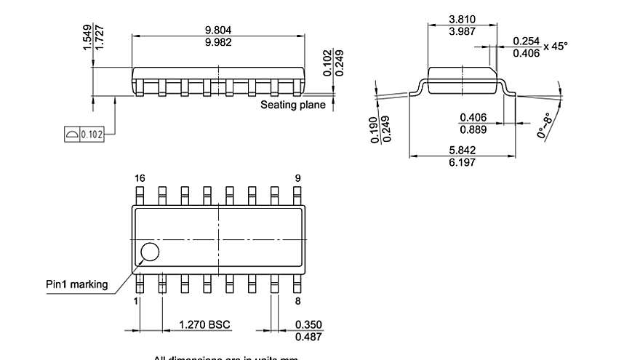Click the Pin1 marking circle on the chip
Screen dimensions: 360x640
[150, 252]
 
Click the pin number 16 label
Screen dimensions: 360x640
[140, 178]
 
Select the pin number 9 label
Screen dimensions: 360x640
[297, 178]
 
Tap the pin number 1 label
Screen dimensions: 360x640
[136, 300]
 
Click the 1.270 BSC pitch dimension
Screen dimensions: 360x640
[205, 324]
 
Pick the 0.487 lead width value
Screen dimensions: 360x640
[308, 336]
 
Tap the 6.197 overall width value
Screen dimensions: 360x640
[463, 163]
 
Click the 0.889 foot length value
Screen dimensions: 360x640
[473, 129]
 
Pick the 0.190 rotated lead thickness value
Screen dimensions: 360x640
[374, 129]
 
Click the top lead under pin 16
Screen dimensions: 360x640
[140, 196]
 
